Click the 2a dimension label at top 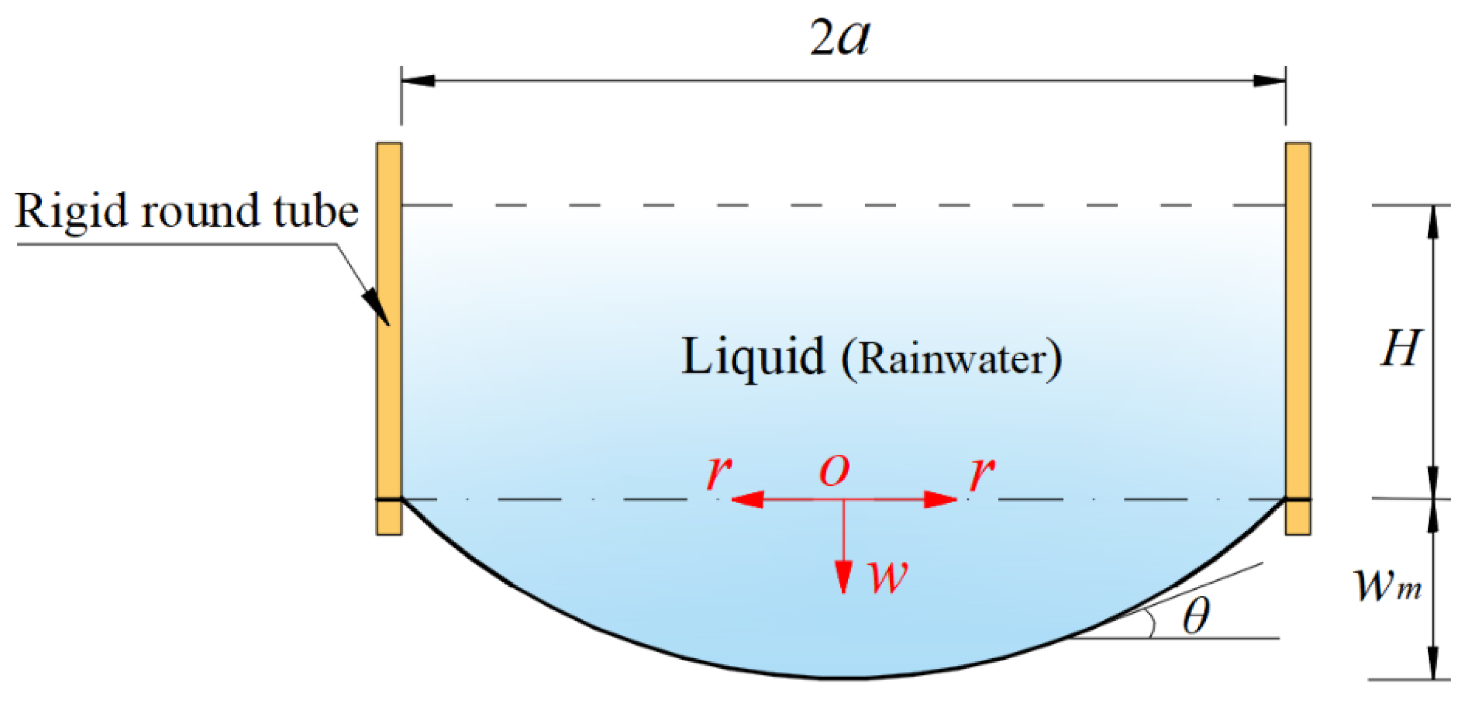839,38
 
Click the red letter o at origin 834,471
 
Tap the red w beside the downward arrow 887,577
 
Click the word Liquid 753,357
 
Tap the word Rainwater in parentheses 952,359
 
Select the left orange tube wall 389,319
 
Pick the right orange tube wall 1298,319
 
